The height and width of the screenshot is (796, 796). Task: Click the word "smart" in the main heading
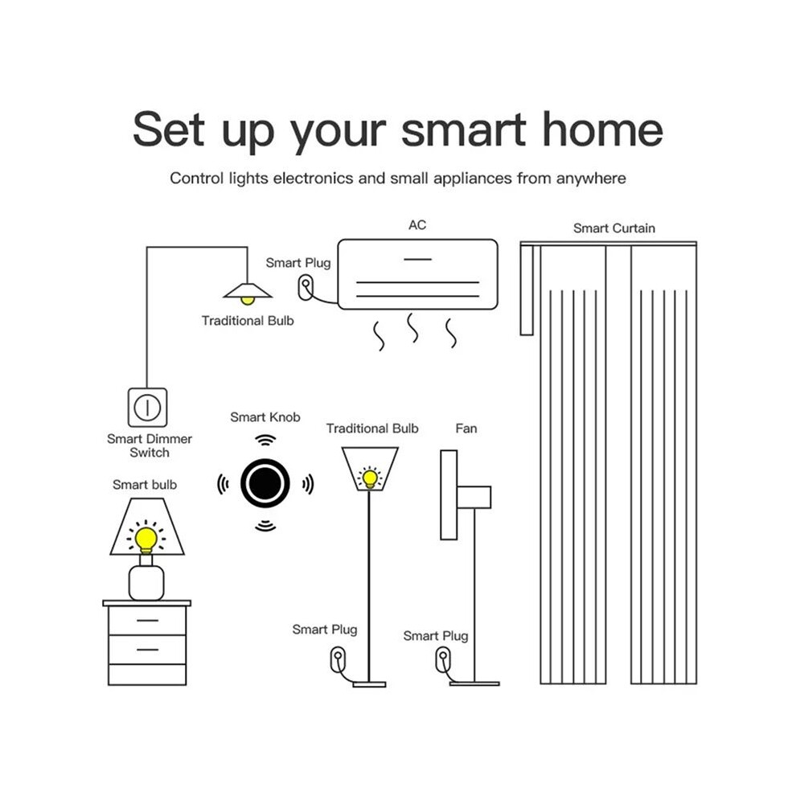coord(463,130)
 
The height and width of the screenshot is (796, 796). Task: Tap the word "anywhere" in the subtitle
coord(591,178)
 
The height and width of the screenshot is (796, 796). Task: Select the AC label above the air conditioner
coord(417,225)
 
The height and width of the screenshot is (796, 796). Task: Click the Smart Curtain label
coord(614,228)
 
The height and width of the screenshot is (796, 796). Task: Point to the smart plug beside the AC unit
coord(306,287)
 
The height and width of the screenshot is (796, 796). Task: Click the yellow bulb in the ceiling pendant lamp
coord(247,301)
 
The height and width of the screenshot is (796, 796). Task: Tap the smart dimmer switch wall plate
coord(147,407)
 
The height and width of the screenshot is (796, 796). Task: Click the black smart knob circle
coord(265,482)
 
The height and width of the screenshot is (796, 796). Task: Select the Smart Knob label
coord(265,417)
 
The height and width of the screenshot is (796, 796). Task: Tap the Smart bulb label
coord(145,485)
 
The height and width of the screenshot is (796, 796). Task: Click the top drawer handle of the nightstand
coord(147,621)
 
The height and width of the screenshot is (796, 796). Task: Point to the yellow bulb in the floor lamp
coord(370,478)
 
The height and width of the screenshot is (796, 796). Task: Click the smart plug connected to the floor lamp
coord(338,659)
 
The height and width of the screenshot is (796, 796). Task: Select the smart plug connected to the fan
coord(443,660)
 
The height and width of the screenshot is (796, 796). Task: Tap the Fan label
coord(466,429)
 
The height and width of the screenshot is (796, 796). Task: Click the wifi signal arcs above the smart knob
coord(265,440)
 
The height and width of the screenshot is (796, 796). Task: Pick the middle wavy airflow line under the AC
coord(412,327)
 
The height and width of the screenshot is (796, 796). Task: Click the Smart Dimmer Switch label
coord(150,445)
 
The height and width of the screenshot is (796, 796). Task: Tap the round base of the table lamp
coord(146,583)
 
